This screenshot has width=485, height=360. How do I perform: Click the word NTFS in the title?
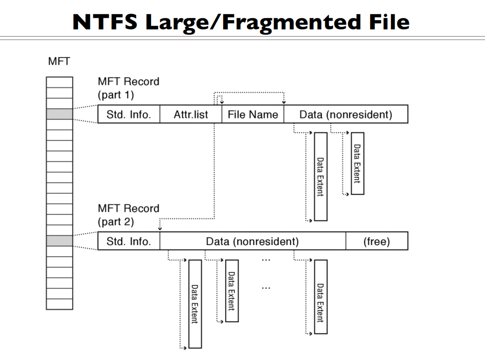point(105,22)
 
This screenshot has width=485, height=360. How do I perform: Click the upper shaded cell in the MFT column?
point(59,114)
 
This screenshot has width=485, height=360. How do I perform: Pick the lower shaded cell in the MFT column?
point(59,241)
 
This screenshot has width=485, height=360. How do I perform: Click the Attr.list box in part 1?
point(191,114)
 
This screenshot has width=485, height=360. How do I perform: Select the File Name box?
point(253,114)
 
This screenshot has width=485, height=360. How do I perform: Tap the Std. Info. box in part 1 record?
point(129,114)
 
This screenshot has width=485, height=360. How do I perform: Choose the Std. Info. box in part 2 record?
point(129,241)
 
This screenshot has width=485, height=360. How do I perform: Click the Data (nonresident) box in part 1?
point(345,114)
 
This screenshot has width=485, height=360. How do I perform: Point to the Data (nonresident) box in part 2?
point(253,241)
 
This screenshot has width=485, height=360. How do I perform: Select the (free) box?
point(377,241)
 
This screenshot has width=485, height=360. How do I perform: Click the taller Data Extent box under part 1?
point(321,177)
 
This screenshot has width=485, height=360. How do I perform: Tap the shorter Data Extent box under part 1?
point(357,163)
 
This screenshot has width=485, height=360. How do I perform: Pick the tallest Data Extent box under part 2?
point(195,304)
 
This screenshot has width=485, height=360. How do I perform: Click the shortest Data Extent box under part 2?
point(232,291)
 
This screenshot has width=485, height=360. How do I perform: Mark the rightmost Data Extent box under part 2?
point(321,297)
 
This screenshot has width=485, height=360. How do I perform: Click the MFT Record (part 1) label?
point(128,88)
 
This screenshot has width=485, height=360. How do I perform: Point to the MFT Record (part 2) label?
point(128,215)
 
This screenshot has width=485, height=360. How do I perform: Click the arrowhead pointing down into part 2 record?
point(160,228)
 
